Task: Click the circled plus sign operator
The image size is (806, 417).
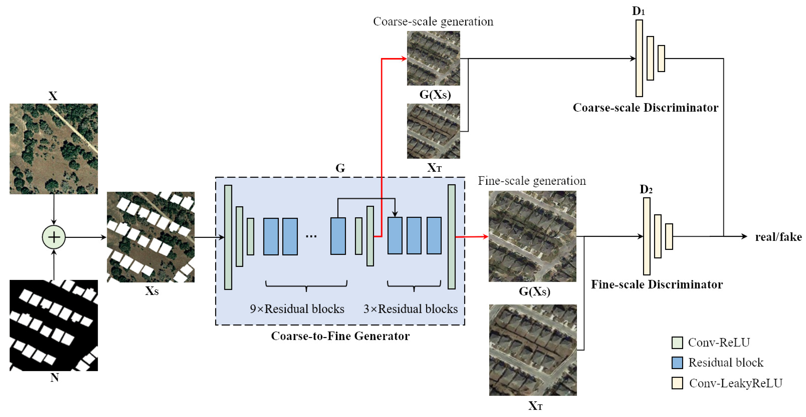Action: coord(54,237)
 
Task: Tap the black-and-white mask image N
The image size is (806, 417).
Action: coord(54,325)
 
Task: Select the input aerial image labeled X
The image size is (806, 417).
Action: coord(54,149)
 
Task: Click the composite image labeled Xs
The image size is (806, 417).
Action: coord(151,237)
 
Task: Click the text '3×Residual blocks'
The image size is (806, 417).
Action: coord(410,309)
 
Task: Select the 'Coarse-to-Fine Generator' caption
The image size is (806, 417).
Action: coord(340,336)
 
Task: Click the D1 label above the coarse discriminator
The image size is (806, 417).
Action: coord(638,11)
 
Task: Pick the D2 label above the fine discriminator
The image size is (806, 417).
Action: coord(646,189)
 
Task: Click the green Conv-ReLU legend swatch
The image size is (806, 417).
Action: coord(677,343)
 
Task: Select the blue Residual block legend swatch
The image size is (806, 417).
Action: coord(677,363)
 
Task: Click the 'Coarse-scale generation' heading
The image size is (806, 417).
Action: coord(433,22)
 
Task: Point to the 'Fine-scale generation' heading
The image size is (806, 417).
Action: coord(532,181)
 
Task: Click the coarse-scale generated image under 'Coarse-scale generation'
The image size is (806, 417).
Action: coord(433,58)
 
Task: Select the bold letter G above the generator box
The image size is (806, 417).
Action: coord(340,168)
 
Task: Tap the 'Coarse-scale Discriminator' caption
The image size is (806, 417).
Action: coord(645,108)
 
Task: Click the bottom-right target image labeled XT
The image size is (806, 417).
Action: coord(533,350)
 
